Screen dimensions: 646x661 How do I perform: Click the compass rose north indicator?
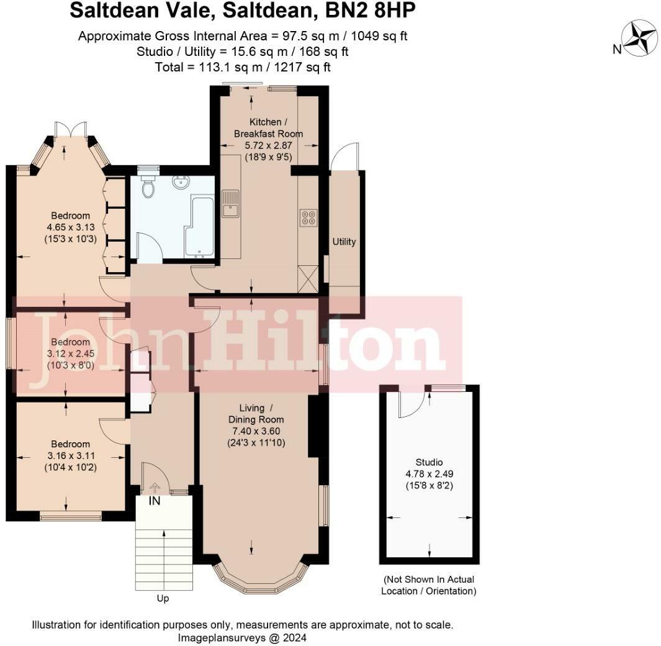(640, 38)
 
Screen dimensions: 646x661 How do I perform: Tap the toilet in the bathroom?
(148, 186)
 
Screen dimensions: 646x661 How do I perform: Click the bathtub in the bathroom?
(199, 227)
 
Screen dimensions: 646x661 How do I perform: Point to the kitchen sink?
(230, 204)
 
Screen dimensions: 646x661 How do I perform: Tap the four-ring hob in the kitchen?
(308, 217)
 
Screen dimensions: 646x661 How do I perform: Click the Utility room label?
(344, 242)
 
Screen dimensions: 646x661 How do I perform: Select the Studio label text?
(429, 462)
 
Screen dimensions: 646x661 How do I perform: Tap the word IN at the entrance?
(155, 501)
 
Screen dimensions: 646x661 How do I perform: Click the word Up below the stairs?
(163, 599)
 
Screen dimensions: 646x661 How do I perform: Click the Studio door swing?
(410, 403)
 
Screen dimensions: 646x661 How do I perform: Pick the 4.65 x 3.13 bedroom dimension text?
(71, 227)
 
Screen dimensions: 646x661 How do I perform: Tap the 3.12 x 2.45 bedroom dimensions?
(71, 353)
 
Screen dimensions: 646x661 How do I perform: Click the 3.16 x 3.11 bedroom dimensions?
(71, 455)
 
